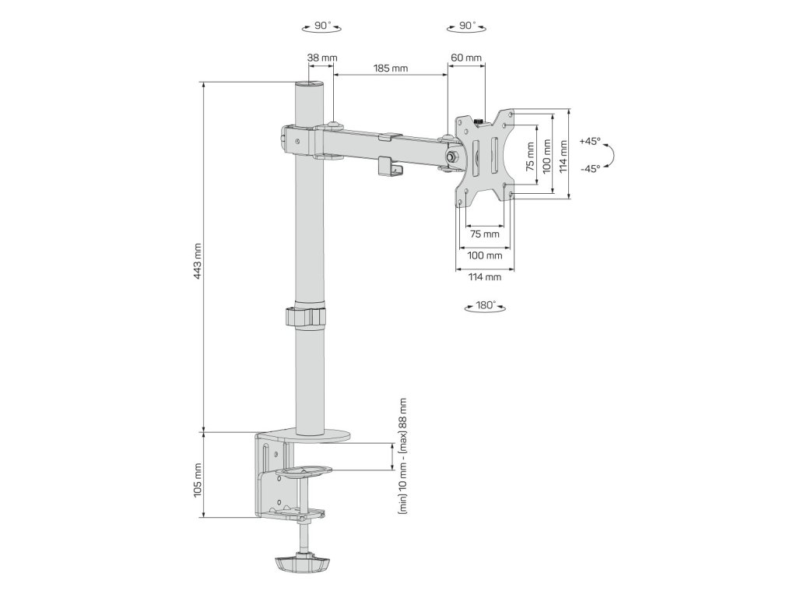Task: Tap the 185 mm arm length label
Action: [x=391, y=69]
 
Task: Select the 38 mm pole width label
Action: [x=322, y=58]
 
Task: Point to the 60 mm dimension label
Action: [x=466, y=58]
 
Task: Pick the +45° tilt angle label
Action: [x=590, y=142]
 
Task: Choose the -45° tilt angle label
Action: [x=590, y=168]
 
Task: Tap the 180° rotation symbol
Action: [x=486, y=306]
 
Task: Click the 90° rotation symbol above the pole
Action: [x=321, y=26]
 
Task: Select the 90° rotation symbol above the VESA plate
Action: [x=467, y=26]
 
